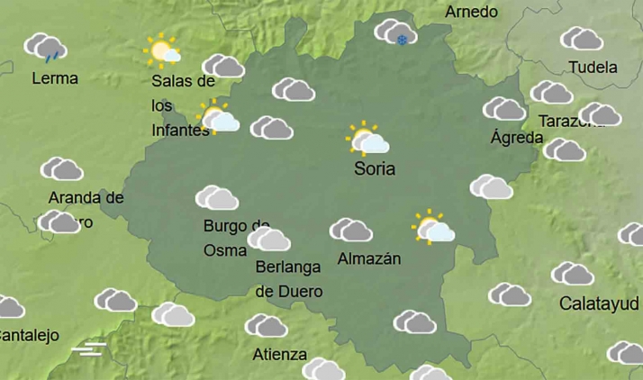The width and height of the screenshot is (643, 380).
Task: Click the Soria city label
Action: point(375,168)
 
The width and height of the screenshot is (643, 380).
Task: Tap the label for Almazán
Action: point(368,259)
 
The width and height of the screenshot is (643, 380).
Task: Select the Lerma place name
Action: point(55,78)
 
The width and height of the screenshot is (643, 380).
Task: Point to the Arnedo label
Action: point(471,12)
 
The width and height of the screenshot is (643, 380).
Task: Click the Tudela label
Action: point(593,68)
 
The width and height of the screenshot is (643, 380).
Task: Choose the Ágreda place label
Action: point(516,138)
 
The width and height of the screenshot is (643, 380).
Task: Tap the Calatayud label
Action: point(600,303)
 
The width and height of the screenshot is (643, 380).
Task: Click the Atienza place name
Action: point(280,354)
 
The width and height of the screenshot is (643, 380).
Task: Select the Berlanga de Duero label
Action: point(289,278)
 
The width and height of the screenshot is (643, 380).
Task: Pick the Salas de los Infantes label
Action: point(182,105)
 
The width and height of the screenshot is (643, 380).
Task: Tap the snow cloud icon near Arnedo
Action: point(395,33)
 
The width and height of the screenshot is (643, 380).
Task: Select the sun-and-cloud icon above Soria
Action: point(367,140)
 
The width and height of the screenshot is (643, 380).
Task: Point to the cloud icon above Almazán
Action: point(351,231)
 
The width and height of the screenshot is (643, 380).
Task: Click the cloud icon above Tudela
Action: point(582,39)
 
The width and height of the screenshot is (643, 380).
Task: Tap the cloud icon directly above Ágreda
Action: point(504,109)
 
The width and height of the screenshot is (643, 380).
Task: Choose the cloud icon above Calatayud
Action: point(573,274)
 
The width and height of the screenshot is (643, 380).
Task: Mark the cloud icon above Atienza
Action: point(267,325)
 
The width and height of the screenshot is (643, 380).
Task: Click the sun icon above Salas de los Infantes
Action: point(163,51)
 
